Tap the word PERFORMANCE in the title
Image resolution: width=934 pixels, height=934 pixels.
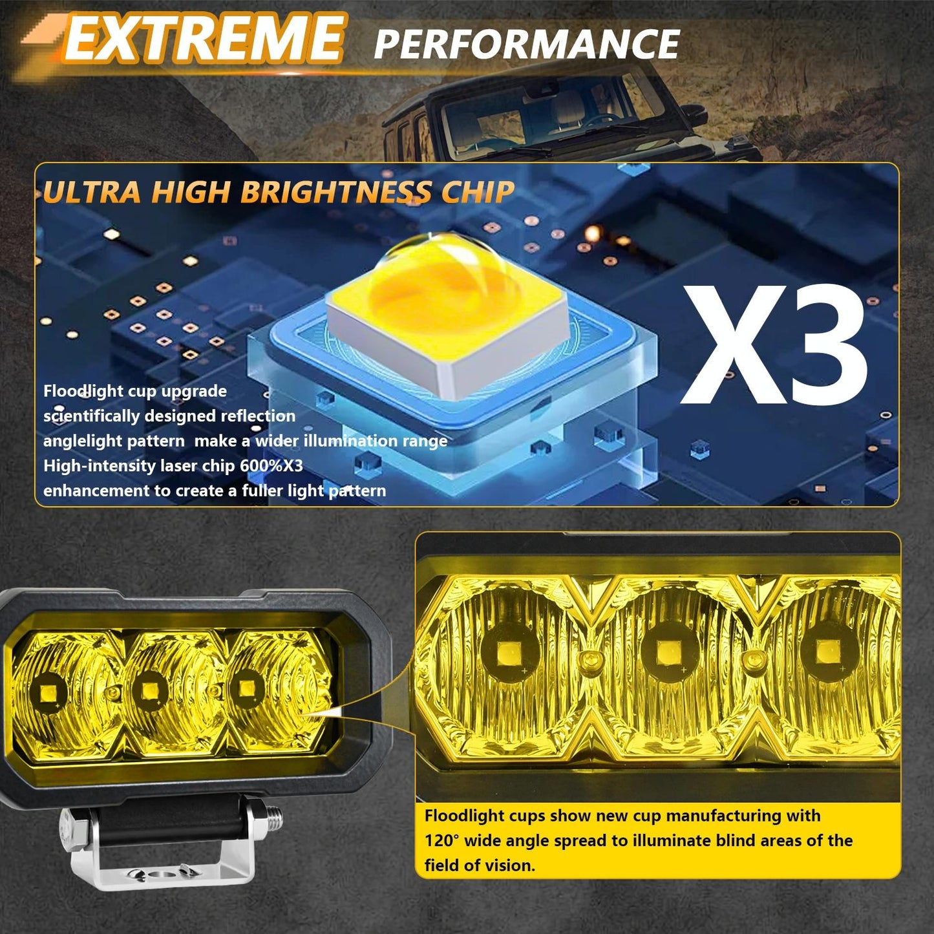(x=526, y=44)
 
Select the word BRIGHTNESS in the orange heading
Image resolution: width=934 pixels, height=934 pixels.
(x=335, y=192)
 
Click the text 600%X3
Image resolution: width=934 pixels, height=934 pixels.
(x=271, y=466)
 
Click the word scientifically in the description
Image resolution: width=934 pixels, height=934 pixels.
(x=91, y=416)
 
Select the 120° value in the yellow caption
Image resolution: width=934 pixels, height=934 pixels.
(x=441, y=841)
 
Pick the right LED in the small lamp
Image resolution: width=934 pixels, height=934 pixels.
(x=246, y=686)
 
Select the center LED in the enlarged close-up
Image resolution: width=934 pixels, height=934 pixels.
(x=668, y=652)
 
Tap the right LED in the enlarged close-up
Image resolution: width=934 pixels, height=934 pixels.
(x=826, y=652)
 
